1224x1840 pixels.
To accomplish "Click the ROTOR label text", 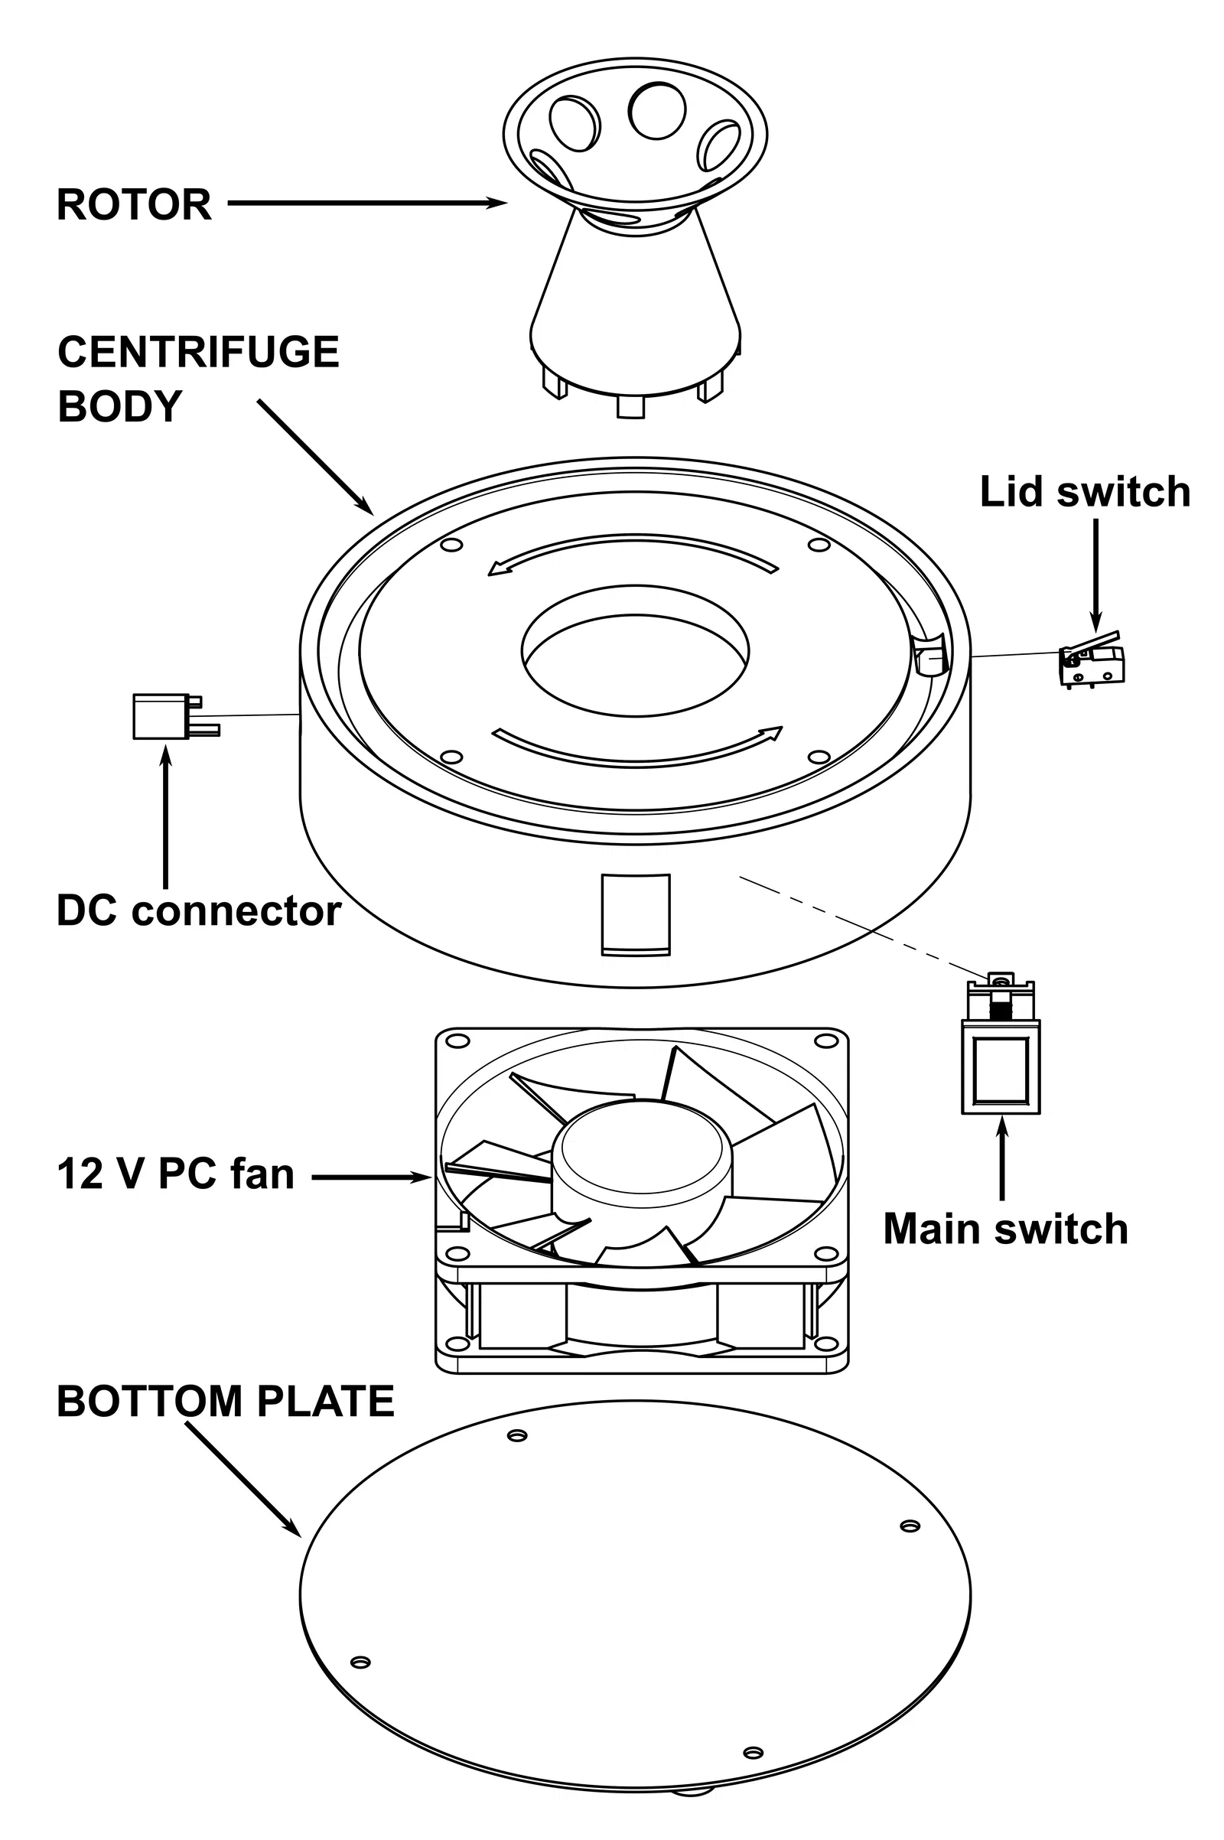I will pos(135,204).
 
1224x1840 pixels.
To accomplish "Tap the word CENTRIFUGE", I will pos(198,352).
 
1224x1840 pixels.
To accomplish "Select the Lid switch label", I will pos(1084,493).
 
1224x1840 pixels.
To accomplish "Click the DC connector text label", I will pos(198,911).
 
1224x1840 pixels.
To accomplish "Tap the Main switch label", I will pos(1005,1229).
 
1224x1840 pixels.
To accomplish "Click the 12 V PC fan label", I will pos(176,1174).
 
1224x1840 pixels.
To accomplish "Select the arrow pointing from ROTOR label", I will pos(367,204).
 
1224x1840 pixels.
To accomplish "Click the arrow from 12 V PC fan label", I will pos(371,1177).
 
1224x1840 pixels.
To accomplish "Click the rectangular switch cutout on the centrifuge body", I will pos(636,913).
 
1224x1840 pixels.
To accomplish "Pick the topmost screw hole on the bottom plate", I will pos(517,1435).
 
